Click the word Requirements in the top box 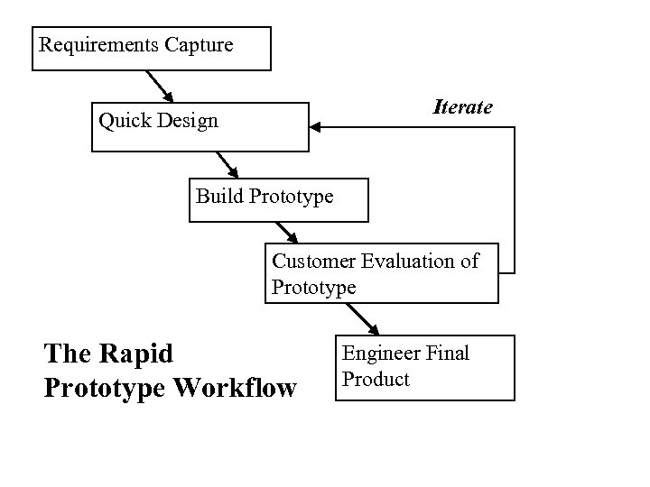coord(98,44)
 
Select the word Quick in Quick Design coord(123,121)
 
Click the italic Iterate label coord(462,107)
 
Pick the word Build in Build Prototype coord(219,196)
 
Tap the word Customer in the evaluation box coord(313,262)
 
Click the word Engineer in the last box coord(376,354)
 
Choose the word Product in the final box coord(376,380)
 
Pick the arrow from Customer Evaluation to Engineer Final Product coord(364,318)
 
